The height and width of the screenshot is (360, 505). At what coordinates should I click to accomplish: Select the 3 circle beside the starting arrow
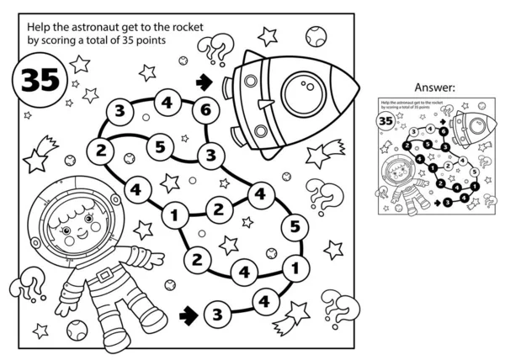point(216,315)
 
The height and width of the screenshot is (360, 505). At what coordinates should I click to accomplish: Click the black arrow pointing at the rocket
point(202,82)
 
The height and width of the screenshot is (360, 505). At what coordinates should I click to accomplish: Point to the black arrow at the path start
point(189,314)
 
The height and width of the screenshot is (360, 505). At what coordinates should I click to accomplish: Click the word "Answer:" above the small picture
point(434,87)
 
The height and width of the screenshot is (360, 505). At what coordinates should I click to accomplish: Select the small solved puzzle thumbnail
point(434,154)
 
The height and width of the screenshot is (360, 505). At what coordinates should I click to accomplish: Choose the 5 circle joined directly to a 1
point(294,226)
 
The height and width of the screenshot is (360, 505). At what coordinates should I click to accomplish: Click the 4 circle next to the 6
point(167,103)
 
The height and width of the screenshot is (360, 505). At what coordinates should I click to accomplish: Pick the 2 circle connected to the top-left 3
point(100,151)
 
